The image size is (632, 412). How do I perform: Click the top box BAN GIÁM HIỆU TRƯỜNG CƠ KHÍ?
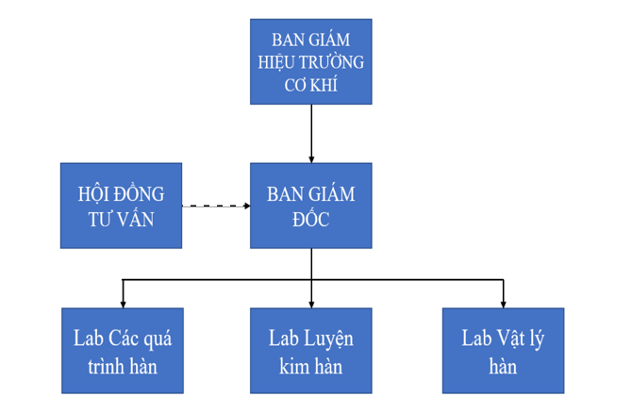pos(310,61)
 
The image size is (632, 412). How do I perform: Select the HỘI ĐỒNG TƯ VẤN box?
pos(121,206)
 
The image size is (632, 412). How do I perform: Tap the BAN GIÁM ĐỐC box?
pos(310,206)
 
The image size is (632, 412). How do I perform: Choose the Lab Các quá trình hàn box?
pos(122,351)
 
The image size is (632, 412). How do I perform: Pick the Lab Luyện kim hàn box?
pos(310,351)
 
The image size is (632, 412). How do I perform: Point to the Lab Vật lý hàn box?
pos(503,351)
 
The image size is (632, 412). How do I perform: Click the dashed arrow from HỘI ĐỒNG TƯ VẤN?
pos(212,206)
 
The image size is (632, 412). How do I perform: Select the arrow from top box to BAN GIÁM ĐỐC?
pos(311,132)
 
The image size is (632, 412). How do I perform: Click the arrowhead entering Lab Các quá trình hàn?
pos(122,303)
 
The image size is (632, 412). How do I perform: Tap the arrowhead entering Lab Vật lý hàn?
pos(503,303)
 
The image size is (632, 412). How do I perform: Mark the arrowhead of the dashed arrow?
pos(243,206)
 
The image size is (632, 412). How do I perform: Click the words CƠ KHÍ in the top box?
pos(310,85)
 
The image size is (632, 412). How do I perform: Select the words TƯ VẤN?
pos(121,220)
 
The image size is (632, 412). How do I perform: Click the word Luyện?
pos(331,338)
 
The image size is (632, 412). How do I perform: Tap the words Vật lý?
pos(519,338)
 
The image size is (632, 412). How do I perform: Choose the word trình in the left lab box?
pos(99,366)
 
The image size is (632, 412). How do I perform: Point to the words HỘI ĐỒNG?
pos(121,193)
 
